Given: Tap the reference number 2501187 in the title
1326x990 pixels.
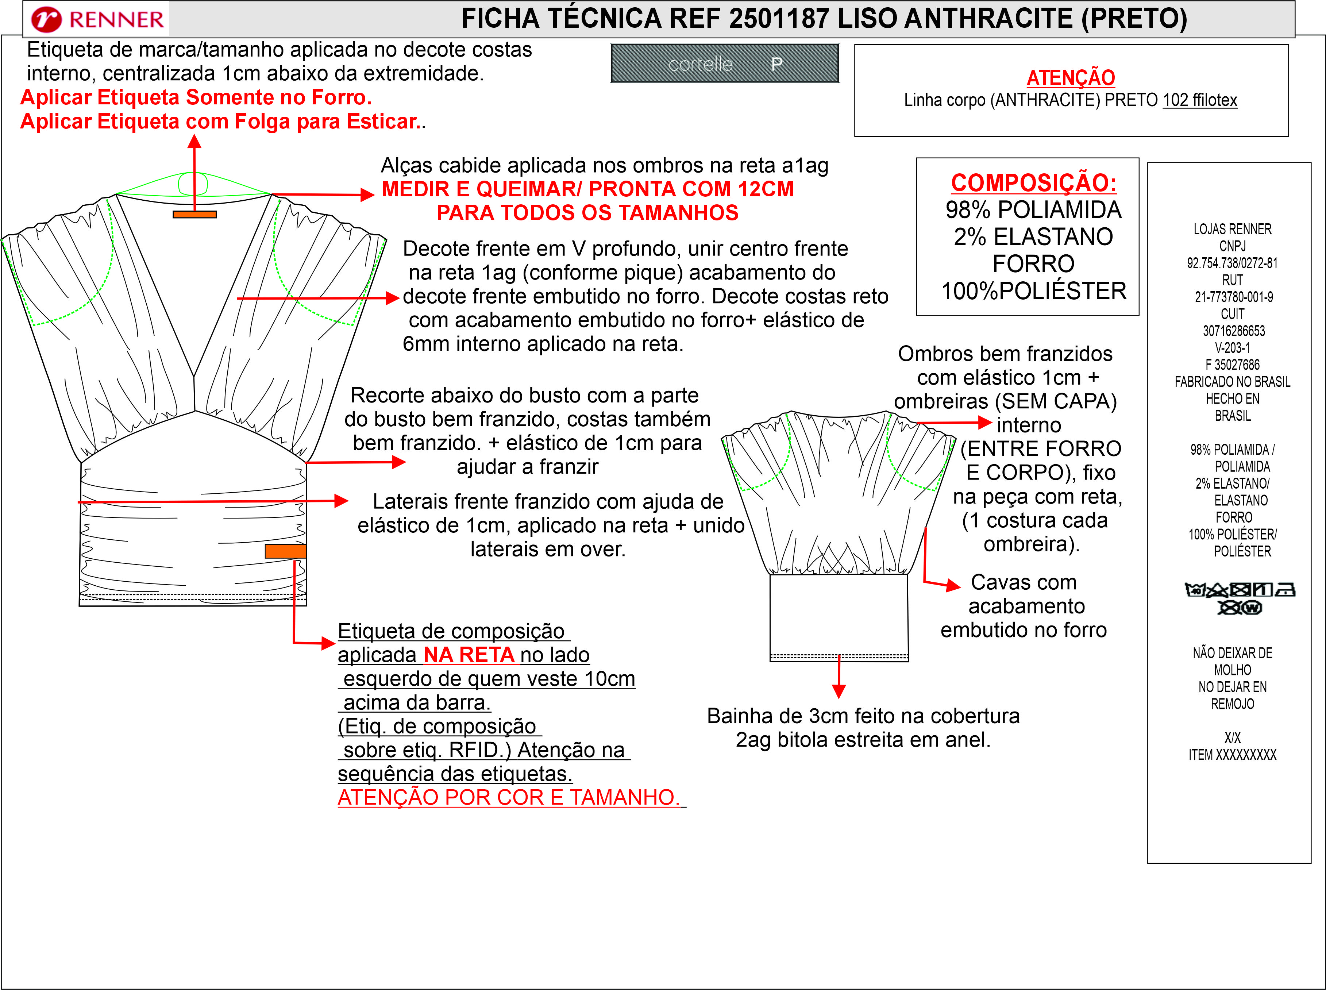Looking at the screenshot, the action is tap(779, 19).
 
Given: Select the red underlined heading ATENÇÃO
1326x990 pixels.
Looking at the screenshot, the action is tap(1071, 77).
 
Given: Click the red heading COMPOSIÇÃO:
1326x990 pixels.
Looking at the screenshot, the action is tap(1034, 183).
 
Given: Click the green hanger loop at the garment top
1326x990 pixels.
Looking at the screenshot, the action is tap(193, 184).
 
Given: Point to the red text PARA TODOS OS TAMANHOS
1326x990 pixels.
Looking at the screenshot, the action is tap(587, 213).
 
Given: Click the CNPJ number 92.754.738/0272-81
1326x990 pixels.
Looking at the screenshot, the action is tap(1233, 263).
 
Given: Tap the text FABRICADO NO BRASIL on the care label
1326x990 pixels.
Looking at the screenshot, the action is tap(1233, 382).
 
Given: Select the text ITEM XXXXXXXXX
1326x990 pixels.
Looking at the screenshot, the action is tap(1233, 755).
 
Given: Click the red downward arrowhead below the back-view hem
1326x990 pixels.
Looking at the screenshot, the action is tap(839, 691).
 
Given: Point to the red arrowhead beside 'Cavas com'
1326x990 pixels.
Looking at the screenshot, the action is tap(953, 585).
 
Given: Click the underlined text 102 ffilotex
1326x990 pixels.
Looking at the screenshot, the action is tap(1200, 100).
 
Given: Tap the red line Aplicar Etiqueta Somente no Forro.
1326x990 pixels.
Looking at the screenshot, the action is tap(196, 97).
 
